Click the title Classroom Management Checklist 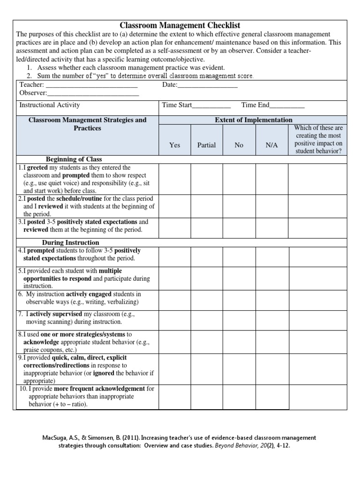[x=180, y=25]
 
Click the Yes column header [x=174, y=145]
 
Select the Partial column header [x=206, y=145]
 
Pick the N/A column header [x=272, y=145]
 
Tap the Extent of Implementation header [x=253, y=120]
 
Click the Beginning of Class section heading [x=74, y=159]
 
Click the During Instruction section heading [x=71, y=243]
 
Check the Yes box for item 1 [x=174, y=179]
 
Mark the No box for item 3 [x=239, y=226]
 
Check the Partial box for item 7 [x=206, y=318]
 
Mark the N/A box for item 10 [x=272, y=397]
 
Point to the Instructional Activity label [x=50, y=105]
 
